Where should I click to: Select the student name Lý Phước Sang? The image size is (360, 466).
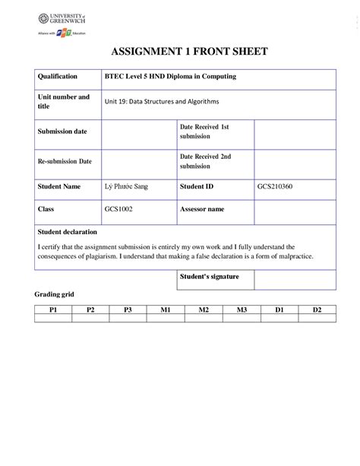[x=122, y=186]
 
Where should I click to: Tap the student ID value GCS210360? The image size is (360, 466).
[x=275, y=186]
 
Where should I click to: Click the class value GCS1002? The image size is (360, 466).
[x=118, y=208]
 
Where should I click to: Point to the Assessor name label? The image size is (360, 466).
[x=202, y=208]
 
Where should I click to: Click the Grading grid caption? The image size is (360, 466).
[x=55, y=294]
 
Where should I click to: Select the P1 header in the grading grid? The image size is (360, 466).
[x=54, y=310]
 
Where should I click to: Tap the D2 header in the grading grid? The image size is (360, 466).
[x=317, y=310]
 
